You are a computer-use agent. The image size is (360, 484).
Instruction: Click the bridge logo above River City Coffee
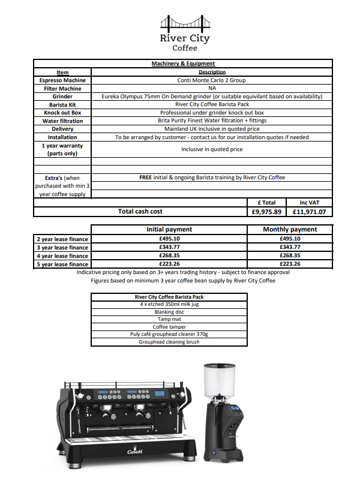tap(184, 22)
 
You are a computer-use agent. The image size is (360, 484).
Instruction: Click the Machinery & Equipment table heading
tap(182, 64)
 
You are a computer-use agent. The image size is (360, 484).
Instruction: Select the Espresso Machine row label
tap(62, 80)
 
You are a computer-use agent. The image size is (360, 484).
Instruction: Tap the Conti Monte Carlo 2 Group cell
tap(212, 80)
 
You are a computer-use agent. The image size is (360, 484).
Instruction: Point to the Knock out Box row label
tap(62, 112)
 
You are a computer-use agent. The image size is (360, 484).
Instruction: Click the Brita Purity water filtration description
tap(212, 121)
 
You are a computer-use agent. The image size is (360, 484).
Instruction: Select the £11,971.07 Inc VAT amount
tap(309, 212)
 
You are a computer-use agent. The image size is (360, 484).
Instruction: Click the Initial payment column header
tap(169, 229)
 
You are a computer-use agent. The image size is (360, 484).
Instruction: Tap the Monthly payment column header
tap(290, 229)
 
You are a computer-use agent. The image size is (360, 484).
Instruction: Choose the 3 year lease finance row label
tap(62, 247)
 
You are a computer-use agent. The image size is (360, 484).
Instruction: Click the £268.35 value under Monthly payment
tap(290, 255)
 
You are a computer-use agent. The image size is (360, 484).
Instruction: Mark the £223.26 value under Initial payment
tap(169, 264)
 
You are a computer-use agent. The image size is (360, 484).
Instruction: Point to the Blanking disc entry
tap(169, 312)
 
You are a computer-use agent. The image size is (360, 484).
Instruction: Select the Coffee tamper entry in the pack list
tap(169, 327)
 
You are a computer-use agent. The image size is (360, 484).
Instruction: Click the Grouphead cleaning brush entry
tap(169, 342)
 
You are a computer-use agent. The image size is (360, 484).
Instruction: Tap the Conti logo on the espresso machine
tap(134, 451)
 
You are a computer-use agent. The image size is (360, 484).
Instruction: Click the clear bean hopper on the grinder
tap(214, 379)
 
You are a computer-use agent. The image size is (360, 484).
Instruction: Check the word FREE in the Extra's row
tap(145, 178)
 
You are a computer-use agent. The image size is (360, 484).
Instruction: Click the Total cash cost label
tap(140, 211)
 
